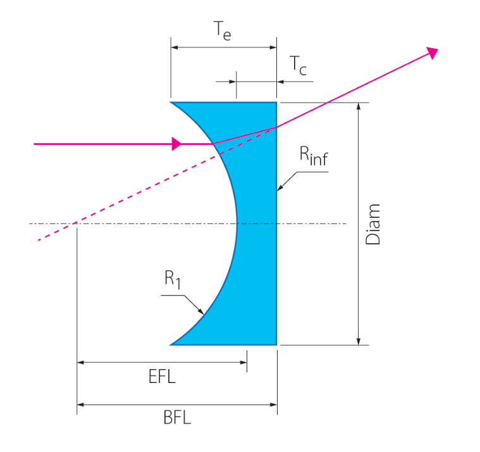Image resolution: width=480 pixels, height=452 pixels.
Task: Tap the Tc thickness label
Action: point(298,66)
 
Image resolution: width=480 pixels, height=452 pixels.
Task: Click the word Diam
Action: point(374,224)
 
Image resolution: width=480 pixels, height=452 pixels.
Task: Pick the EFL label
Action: point(161,378)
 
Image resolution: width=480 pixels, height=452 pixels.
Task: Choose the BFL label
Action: point(176,418)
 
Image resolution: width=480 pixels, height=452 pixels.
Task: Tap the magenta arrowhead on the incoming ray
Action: point(177,144)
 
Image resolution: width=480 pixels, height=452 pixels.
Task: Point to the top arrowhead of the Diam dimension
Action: point(359,106)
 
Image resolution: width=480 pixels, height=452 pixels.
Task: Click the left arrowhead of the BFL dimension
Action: point(81,404)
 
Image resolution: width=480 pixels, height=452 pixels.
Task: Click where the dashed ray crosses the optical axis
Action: point(74,223)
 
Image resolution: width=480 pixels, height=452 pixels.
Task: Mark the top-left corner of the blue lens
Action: point(171,102)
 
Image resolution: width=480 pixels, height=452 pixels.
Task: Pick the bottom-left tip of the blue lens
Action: point(171,345)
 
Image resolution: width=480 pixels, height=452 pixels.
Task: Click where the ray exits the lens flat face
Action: point(276,127)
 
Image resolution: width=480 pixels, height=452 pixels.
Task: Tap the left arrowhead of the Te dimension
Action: point(175,47)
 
